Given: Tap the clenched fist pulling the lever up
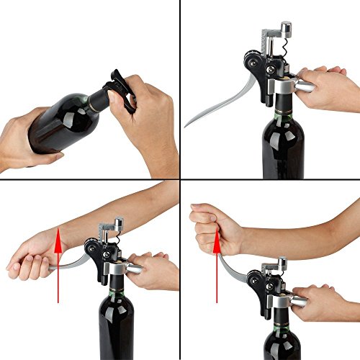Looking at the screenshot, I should pyautogui.click(x=209, y=223).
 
